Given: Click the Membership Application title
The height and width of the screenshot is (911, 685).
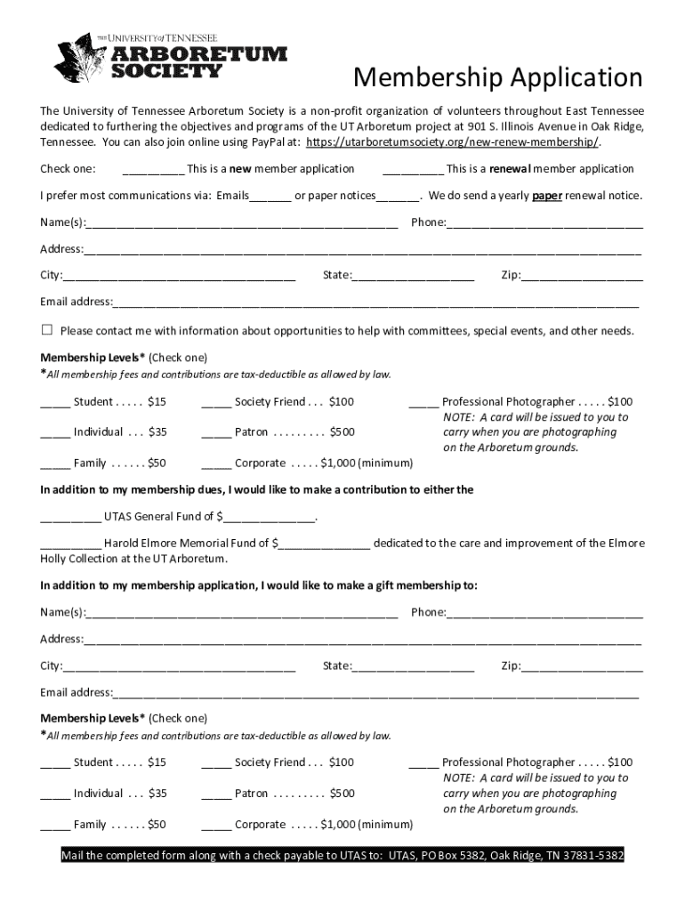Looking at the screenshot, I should pyautogui.click(x=497, y=78).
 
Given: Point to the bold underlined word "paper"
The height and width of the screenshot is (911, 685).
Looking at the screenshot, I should pyautogui.click(x=547, y=196).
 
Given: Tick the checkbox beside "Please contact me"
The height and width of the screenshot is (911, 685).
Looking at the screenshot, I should pyautogui.click(x=47, y=330).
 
